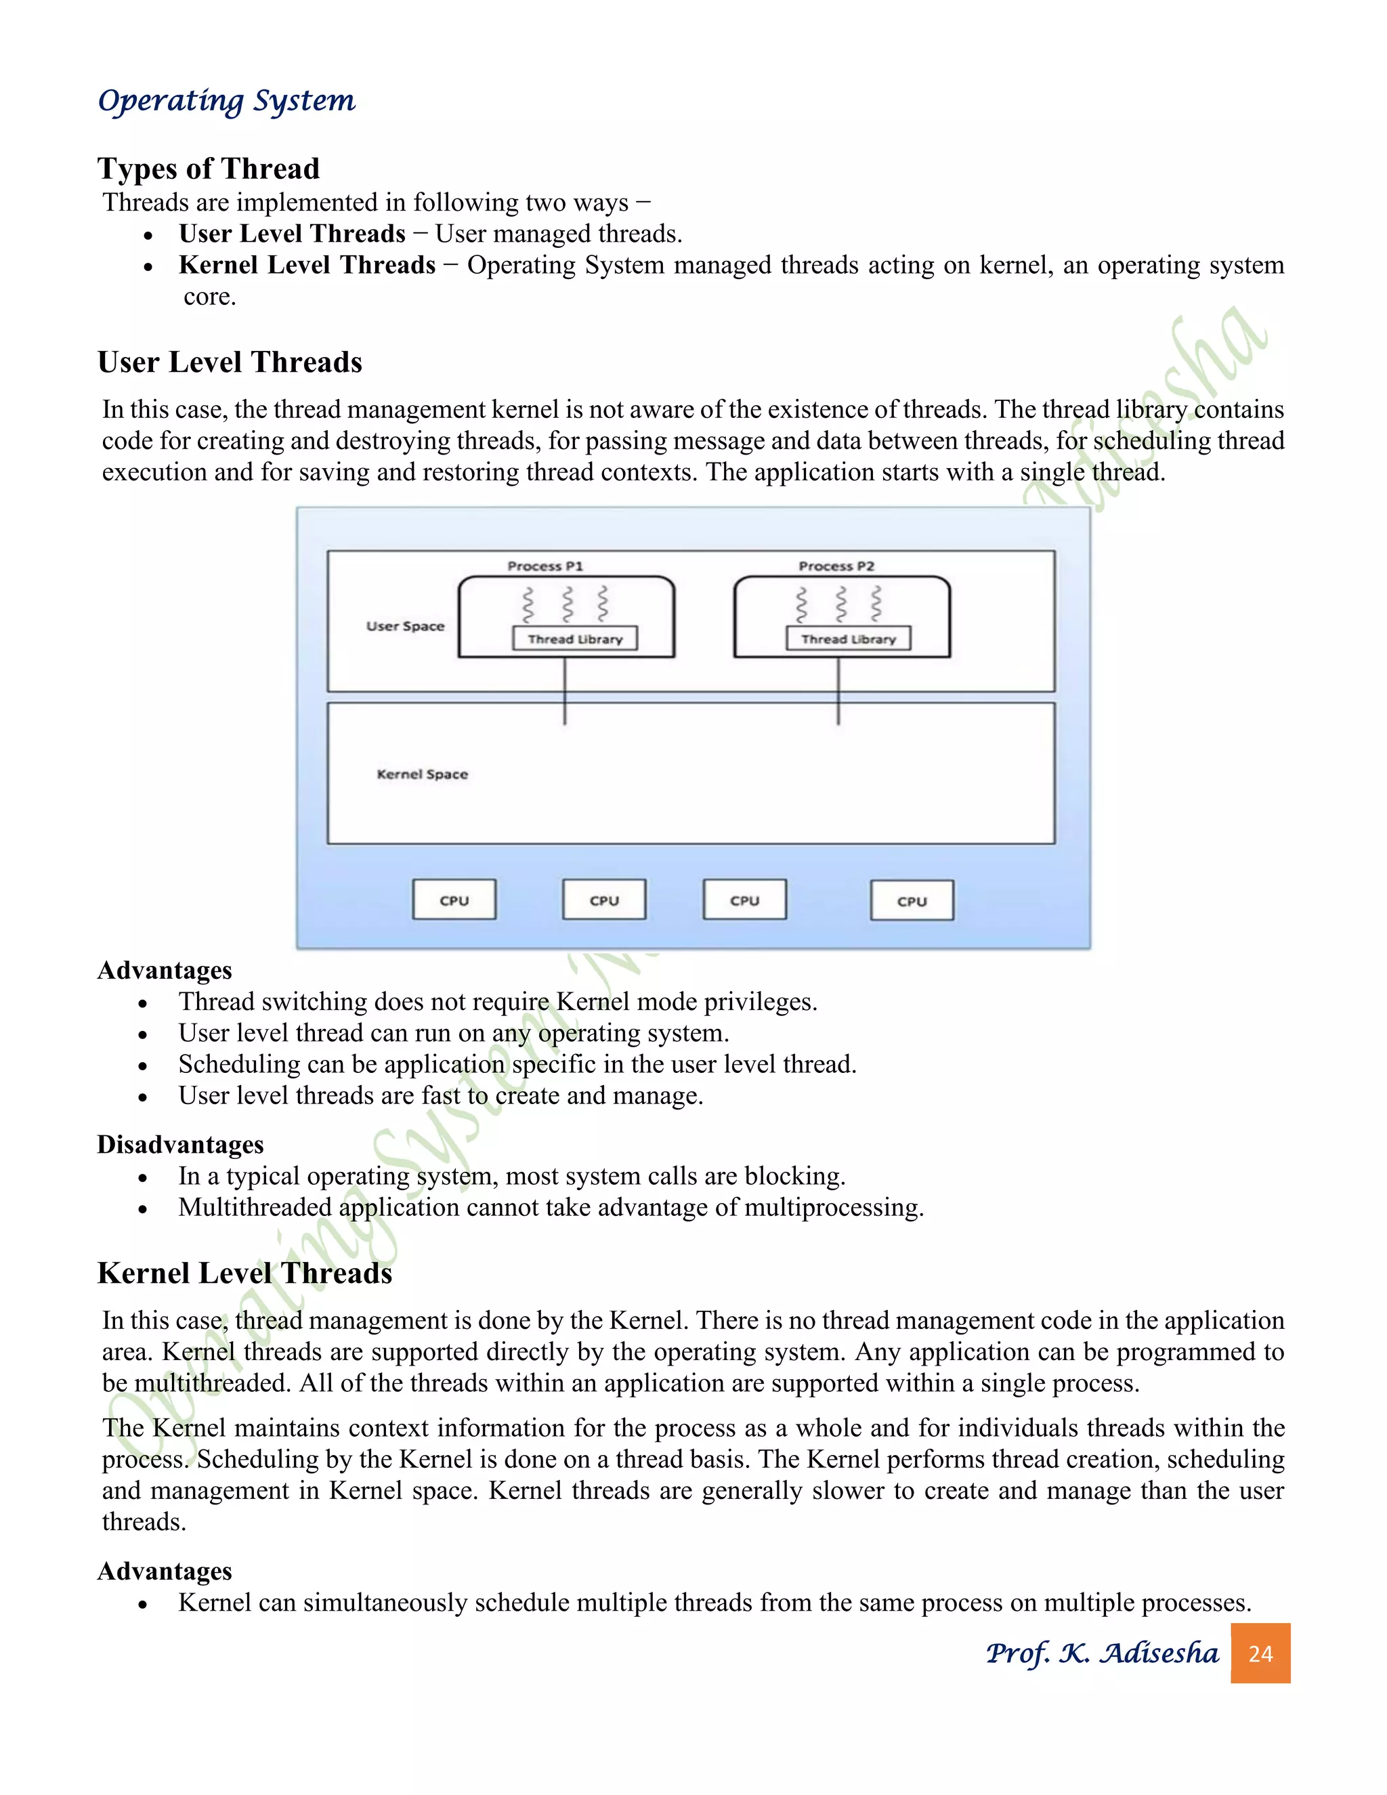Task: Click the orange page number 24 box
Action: (x=1260, y=1653)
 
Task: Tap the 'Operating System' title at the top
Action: (x=227, y=100)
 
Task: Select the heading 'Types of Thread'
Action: (x=209, y=169)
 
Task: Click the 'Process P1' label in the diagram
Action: (x=545, y=566)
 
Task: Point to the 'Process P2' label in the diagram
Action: (x=836, y=566)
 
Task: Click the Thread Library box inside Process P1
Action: (x=575, y=639)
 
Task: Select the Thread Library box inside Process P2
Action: (x=848, y=639)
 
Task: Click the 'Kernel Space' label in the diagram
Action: (x=423, y=774)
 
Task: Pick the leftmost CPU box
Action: (x=454, y=900)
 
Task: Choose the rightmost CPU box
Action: (x=912, y=901)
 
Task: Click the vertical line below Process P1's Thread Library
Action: (x=565, y=690)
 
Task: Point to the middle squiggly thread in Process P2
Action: (x=840, y=604)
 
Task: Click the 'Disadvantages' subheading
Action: (x=181, y=1144)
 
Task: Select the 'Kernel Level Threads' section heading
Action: (x=245, y=1273)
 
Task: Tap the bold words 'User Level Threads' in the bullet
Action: (x=292, y=234)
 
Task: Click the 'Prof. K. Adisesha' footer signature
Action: (x=1102, y=1653)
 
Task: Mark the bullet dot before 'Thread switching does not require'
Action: (x=143, y=1005)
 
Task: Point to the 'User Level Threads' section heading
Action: (x=230, y=362)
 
